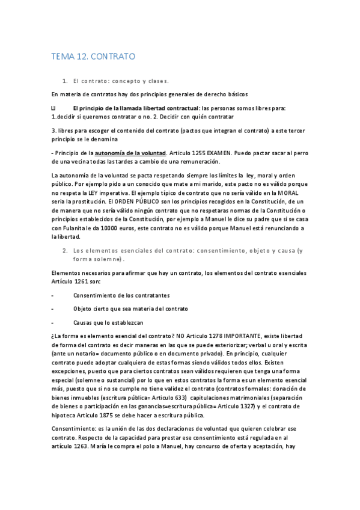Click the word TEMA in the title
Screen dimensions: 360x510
(x=63, y=57)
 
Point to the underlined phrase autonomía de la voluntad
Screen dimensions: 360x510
(x=130, y=153)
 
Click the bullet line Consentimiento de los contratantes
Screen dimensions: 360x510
(x=121, y=295)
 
